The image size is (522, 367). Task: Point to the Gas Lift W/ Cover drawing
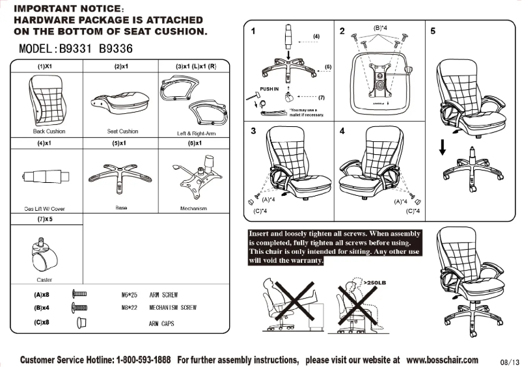(x=46, y=176)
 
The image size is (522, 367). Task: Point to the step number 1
(x=253, y=31)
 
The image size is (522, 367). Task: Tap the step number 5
(x=432, y=31)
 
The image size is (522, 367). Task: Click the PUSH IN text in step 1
(x=269, y=88)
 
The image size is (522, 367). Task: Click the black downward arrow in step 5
(x=442, y=149)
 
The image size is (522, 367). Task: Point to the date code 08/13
(x=510, y=362)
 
